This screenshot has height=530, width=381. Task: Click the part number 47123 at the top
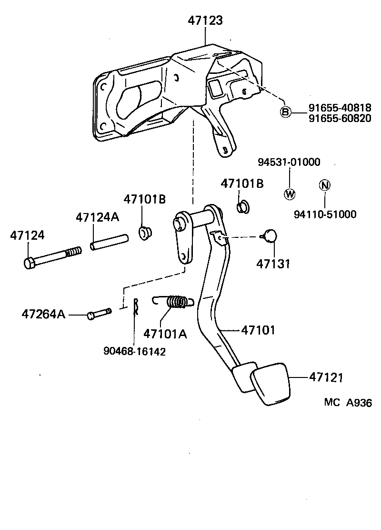point(205,20)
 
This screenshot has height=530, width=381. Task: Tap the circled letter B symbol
point(285,112)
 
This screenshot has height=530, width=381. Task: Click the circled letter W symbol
point(289,194)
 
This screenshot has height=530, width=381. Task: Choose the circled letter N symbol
point(324,185)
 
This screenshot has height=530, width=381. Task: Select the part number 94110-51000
point(325,214)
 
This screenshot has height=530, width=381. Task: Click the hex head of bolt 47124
point(29,263)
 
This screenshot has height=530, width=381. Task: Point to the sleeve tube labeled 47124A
point(110,242)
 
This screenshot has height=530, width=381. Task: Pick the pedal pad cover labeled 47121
point(270,385)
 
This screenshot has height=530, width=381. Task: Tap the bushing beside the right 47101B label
point(242,206)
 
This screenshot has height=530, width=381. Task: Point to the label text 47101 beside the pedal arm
point(258,329)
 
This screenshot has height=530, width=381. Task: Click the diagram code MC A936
point(348,402)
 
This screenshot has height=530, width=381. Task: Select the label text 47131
point(273,264)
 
